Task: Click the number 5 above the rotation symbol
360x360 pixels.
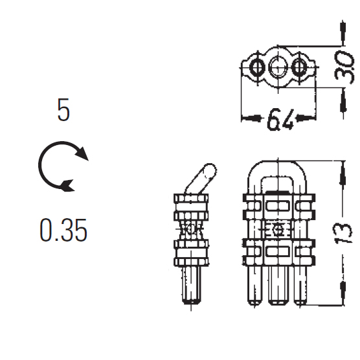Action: [x=63, y=109]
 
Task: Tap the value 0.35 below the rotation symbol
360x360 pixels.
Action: [x=63, y=230]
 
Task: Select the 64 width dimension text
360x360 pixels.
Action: [x=280, y=119]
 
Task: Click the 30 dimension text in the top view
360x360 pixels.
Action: [x=344, y=67]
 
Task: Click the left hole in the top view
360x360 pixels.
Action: [x=257, y=67]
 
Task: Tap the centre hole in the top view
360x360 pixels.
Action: [x=278, y=67]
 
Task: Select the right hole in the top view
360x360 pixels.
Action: [x=299, y=67]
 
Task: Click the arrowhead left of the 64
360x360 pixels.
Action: [x=251, y=118]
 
